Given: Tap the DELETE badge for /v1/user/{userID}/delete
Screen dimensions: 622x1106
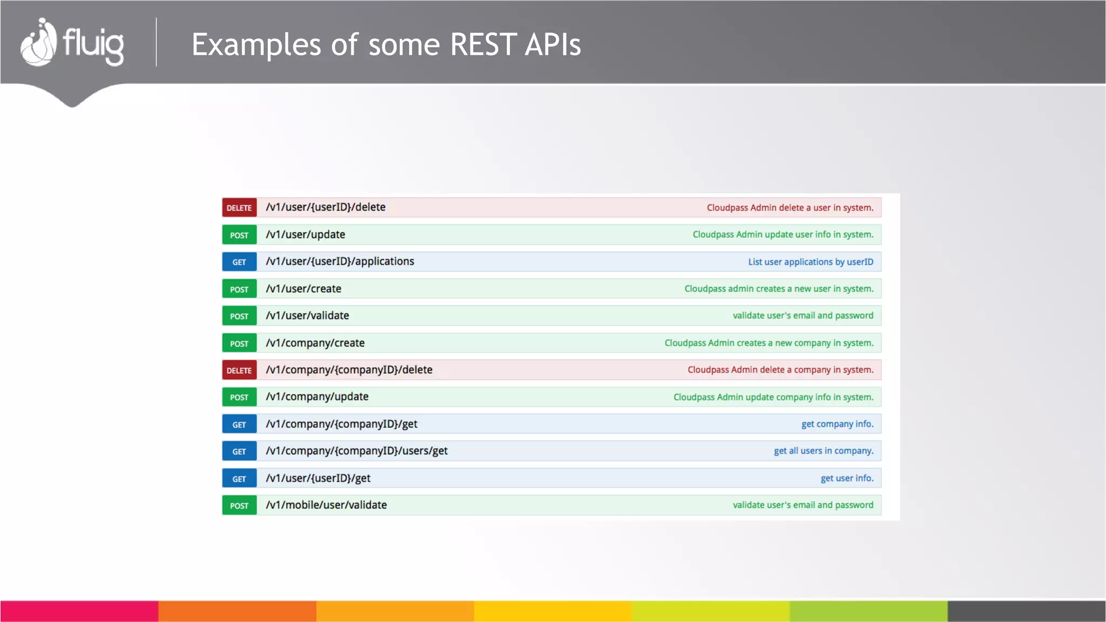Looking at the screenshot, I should [x=239, y=208].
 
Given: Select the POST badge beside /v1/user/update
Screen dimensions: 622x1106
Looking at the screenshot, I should [x=239, y=235].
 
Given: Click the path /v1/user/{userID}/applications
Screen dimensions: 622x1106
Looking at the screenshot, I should [x=340, y=261].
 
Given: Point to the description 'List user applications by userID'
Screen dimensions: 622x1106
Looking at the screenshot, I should [x=810, y=262].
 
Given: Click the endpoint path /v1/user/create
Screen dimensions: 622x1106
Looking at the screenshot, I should [x=303, y=289].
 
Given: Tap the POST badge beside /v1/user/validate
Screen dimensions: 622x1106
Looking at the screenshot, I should [x=239, y=316].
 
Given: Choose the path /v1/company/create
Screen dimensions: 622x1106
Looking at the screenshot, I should [x=315, y=343].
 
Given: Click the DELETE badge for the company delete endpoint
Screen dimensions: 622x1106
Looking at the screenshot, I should [x=239, y=370].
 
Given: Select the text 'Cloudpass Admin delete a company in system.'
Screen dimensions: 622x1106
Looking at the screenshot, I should [x=780, y=370].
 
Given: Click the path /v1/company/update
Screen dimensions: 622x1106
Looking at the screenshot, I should [x=317, y=397].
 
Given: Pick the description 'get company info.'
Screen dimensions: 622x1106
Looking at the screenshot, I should [x=837, y=424].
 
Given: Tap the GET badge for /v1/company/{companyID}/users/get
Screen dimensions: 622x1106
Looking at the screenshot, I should [x=239, y=451].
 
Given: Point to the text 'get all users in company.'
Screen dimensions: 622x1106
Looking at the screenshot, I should [x=823, y=451].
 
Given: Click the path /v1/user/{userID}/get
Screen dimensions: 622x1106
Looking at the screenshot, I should [x=318, y=478].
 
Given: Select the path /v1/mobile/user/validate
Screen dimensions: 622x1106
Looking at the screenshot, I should [x=326, y=505].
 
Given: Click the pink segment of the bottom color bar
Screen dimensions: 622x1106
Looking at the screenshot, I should [x=79, y=611].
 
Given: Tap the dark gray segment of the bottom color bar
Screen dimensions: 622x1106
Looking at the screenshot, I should [x=1026, y=611].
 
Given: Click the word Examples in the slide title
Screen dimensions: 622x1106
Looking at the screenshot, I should [x=256, y=44].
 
